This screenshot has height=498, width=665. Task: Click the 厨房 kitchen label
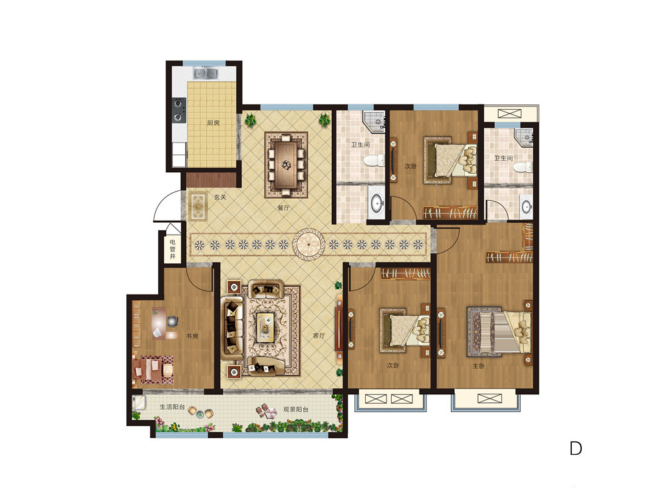(213, 123)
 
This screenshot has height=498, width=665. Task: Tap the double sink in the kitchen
(205, 73)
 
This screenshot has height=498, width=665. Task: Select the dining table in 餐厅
(286, 165)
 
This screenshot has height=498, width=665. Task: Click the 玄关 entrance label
(220, 197)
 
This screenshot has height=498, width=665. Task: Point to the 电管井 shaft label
(173, 249)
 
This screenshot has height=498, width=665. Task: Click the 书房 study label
(192, 336)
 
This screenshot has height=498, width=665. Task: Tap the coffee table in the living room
(266, 327)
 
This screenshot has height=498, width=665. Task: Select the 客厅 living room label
(319, 336)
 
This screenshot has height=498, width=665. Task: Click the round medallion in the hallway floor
(309, 244)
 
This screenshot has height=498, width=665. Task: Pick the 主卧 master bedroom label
(478, 366)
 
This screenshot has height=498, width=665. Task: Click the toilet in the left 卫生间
(374, 161)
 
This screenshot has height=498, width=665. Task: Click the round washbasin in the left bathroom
(376, 203)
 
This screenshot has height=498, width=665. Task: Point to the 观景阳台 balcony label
(296, 410)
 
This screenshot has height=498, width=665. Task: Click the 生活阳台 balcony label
(172, 407)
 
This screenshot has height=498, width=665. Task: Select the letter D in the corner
(575, 448)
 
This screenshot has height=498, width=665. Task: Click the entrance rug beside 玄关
(198, 206)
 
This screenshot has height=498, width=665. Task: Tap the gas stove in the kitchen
(179, 110)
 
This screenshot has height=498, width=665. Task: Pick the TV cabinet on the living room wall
(338, 328)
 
